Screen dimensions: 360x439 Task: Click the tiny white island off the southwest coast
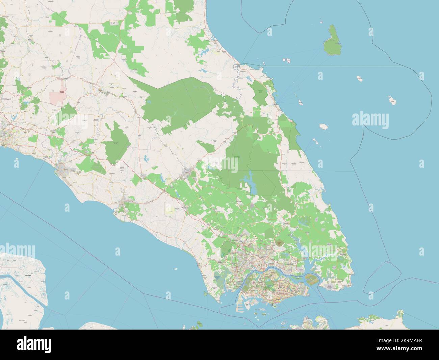[175, 269]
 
